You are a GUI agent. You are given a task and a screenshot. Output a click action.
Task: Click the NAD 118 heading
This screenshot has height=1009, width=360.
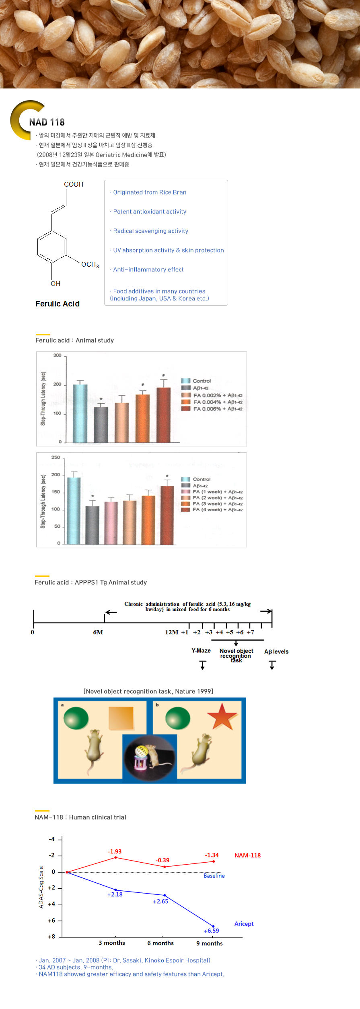point(47,122)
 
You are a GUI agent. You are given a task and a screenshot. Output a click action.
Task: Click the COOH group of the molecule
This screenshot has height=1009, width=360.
point(74,184)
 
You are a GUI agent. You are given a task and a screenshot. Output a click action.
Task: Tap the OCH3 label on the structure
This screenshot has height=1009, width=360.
point(90,264)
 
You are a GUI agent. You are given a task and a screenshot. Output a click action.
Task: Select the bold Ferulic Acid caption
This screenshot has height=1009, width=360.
point(58,304)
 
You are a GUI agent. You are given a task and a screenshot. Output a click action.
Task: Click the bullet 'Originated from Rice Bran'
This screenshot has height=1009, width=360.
point(150,192)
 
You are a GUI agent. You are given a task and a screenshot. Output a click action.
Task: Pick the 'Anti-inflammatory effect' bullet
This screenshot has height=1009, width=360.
point(148,269)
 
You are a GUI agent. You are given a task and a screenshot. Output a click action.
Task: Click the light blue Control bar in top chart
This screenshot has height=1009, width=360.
point(80,413)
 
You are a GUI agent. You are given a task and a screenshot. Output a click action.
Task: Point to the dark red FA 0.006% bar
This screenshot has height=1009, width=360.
point(163,415)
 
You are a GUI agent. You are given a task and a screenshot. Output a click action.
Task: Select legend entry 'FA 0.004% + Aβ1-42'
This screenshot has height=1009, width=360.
point(218,402)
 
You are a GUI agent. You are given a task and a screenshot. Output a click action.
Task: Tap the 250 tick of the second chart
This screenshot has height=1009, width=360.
point(56,458)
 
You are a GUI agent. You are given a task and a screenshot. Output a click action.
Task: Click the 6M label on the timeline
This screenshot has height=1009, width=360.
point(98,632)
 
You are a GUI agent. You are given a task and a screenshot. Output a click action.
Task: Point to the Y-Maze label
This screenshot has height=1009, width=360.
point(201,651)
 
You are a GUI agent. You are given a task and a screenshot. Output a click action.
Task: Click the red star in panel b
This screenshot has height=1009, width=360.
point(222,716)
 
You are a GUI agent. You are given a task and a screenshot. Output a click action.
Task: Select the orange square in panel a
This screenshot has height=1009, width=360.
point(121,718)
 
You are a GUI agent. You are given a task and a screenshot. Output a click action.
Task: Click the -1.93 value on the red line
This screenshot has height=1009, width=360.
point(115,851)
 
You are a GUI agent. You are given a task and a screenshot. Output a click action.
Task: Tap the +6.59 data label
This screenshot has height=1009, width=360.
point(212,931)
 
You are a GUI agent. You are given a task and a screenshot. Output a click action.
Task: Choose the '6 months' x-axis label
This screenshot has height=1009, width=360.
point(160,943)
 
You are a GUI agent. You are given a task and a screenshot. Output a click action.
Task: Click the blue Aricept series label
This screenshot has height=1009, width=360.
point(244,924)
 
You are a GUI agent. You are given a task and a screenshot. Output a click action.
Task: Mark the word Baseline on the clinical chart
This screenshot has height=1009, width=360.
point(214,875)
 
